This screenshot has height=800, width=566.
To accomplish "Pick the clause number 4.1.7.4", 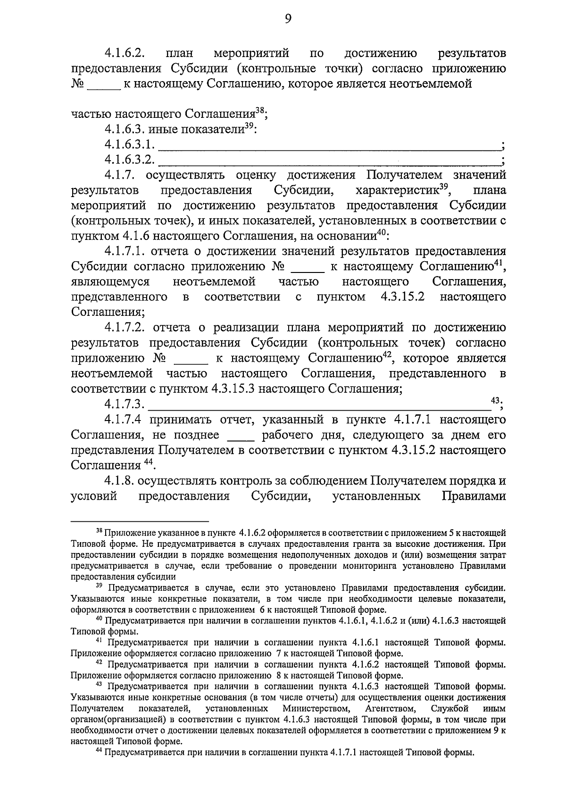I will point(124,420).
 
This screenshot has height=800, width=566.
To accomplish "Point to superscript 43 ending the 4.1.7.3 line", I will point(495,400).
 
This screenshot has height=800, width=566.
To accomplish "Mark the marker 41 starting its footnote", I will point(99,641).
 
